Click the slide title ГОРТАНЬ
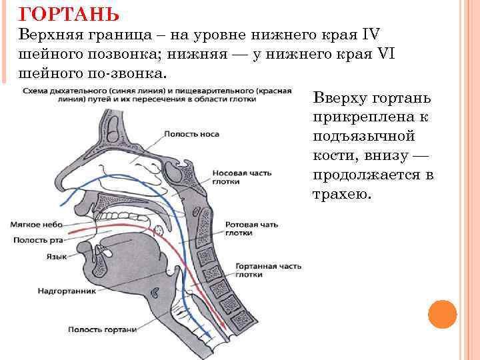69,13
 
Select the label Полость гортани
101,329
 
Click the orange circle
441,313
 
